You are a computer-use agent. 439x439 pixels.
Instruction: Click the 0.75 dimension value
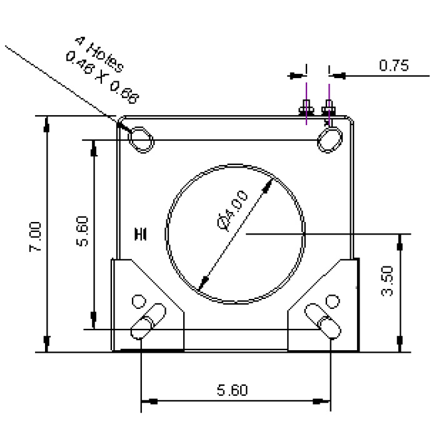point(394,66)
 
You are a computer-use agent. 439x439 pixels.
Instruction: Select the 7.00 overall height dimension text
point(36,236)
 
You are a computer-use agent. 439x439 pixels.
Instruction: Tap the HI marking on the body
point(141,234)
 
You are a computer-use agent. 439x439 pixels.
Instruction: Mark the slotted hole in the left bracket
point(148,320)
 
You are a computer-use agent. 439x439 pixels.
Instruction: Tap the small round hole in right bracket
point(334,302)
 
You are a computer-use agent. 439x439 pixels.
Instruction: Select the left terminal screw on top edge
point(306,109)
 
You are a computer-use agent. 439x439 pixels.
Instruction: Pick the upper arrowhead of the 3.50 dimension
point(399,241)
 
